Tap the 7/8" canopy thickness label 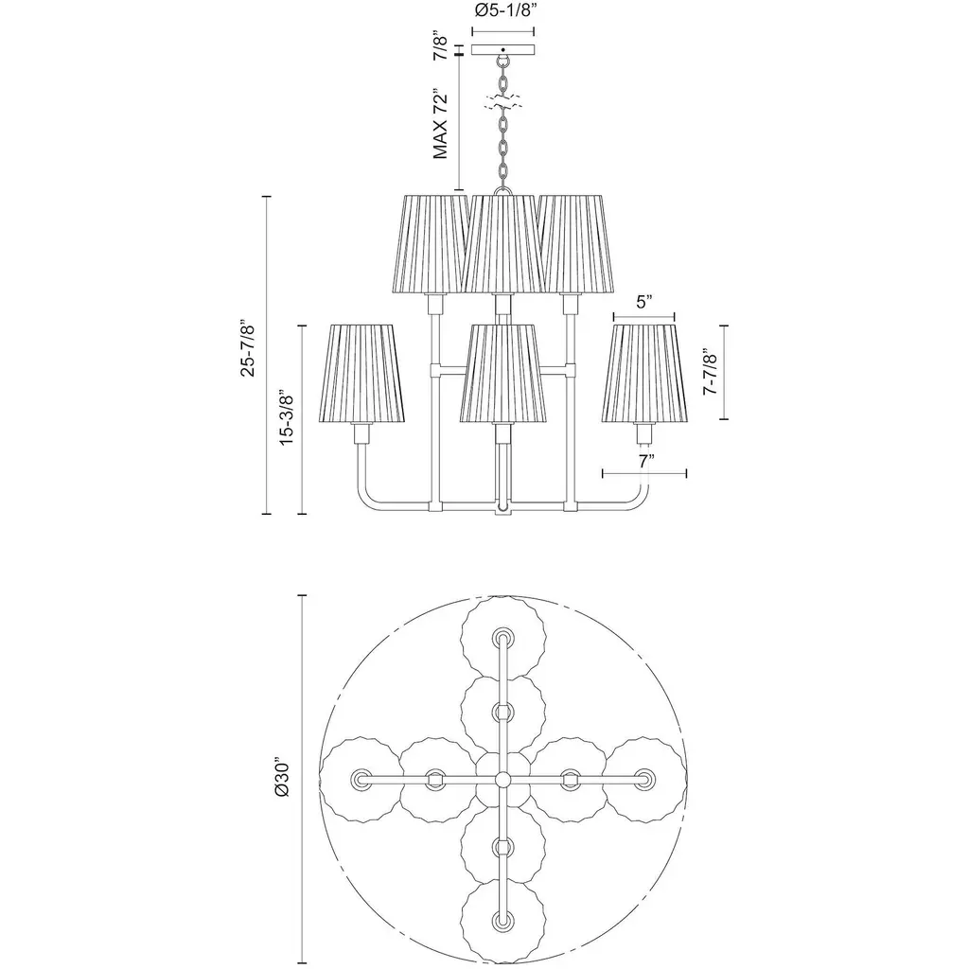(x=440, y=45)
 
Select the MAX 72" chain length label (x=440, y=124)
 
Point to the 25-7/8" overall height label (x=248, y=348)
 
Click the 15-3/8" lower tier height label (x=286, y=417)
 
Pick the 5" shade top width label (x=644, y=302)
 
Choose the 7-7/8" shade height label (x=710, y=372)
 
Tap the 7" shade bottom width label (x=645, y=461)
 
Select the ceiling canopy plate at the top (x=503, y=49)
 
